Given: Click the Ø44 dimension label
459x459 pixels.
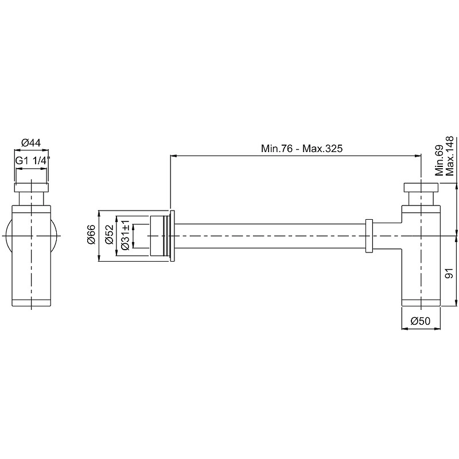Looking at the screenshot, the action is [x=31, y=142].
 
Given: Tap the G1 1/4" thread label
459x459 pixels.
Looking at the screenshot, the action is [x=33, y=161].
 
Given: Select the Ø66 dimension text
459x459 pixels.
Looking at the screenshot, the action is [x=91, y=234].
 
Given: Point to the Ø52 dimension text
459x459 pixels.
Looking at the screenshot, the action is [x=109, y=234].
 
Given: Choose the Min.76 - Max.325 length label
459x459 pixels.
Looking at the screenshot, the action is [x=302, y=149].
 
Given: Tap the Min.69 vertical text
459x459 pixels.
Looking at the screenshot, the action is [x=439, y=161].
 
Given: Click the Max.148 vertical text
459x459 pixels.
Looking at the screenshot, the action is [x=449, y=156].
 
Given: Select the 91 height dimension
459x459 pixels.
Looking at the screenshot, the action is [x=449, y=273].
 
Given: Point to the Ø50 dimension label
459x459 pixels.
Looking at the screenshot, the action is [x=421, y=321].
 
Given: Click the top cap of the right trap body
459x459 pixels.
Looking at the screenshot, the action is [x=421, y=188].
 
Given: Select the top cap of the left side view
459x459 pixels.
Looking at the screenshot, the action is [x=31, y=188].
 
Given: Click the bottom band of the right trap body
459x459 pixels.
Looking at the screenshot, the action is [x=421, y=302].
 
